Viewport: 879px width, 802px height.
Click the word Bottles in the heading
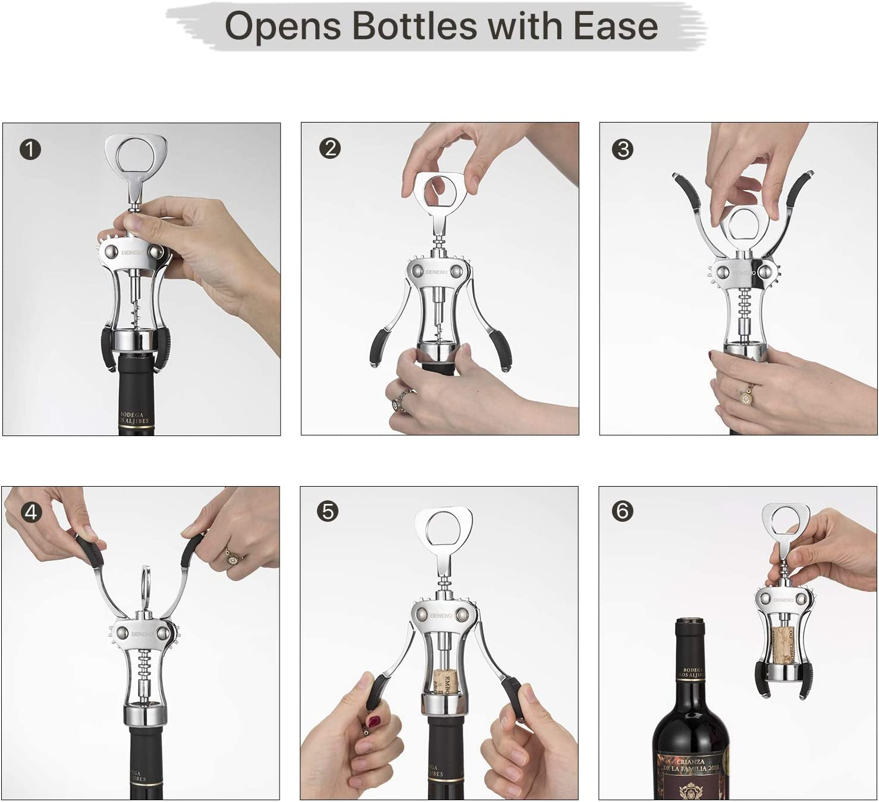(x=414, y=26)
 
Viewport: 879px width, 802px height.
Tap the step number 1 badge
(x=30, y=149)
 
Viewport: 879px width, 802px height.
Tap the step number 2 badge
(x=330, y=148)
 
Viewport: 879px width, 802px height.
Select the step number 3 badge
(x=623, y=149)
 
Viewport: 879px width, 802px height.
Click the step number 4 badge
(x=31, y=512)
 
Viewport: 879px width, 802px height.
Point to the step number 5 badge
(x=328, y=511)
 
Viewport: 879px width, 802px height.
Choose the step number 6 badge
(x=622, y=511)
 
